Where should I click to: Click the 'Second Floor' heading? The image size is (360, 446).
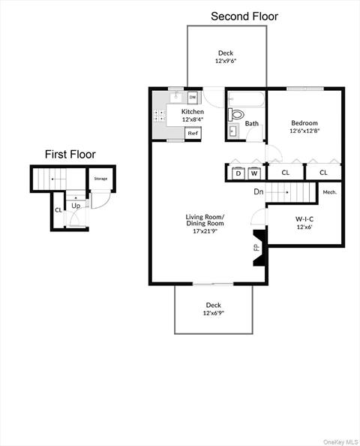(x=244, y=16)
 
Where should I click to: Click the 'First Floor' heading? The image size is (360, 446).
(x=70, y=155)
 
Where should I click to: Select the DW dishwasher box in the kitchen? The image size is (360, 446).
(x=193, y=98)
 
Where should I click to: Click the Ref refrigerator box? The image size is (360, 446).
(x=193, y=133)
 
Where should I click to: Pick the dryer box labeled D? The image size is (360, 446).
(x=238, y=173)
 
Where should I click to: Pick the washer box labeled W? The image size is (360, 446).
(x=254, y=173)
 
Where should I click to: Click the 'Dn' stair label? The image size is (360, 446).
(x=259, y=192)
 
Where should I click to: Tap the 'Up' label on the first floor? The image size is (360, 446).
(x=76, y=205)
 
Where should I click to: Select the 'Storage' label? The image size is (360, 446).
(x=100, y=179)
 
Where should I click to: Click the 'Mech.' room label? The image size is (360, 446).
(x=329, y=192)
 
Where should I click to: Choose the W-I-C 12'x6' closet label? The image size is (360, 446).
(x=304, y=223)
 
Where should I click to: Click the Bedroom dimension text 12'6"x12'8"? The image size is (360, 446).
(x=304, y=131)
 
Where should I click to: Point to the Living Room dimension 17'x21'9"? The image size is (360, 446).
(x=205, y=231)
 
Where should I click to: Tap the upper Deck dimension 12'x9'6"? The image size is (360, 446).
(x=226, y=61)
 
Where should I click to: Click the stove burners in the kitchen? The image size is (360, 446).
(x=160, y=116)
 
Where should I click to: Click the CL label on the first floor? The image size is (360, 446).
(x=58, y=209)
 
